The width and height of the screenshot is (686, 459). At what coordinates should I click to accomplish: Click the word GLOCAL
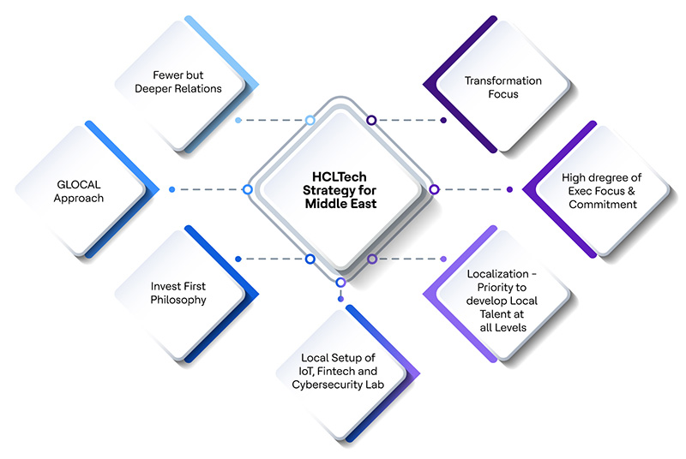(x=79, y=185)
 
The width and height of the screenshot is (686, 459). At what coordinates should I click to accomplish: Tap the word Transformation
(x=503, y=80)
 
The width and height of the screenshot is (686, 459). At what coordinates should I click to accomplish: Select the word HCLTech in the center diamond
(x=340, y=177)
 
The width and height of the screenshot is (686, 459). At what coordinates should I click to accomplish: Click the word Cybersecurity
(x=324, y=384)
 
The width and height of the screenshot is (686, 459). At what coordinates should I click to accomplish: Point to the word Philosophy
(x=178, y=300)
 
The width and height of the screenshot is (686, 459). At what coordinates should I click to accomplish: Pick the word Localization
(x=498, y=274)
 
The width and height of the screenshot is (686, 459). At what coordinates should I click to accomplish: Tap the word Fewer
(x=165, y=75)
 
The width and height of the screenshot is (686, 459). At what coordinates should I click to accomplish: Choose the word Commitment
(x=603, y=205)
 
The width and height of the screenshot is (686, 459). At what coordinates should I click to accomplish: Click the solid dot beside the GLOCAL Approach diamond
(x=172, y=189)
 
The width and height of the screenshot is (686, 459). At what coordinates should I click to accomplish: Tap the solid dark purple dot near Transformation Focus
(x=443, y=120)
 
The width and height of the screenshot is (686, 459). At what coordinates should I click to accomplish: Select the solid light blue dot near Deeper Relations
(x=238, y=120)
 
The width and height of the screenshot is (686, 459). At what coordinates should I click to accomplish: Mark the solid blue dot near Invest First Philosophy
(x=238, y=259)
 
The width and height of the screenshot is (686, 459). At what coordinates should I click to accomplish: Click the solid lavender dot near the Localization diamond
(x=443, y=259)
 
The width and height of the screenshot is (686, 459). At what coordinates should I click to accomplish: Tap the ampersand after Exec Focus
(x=631, y=191)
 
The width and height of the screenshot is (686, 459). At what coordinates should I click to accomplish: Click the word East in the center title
(x=361, y=204)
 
